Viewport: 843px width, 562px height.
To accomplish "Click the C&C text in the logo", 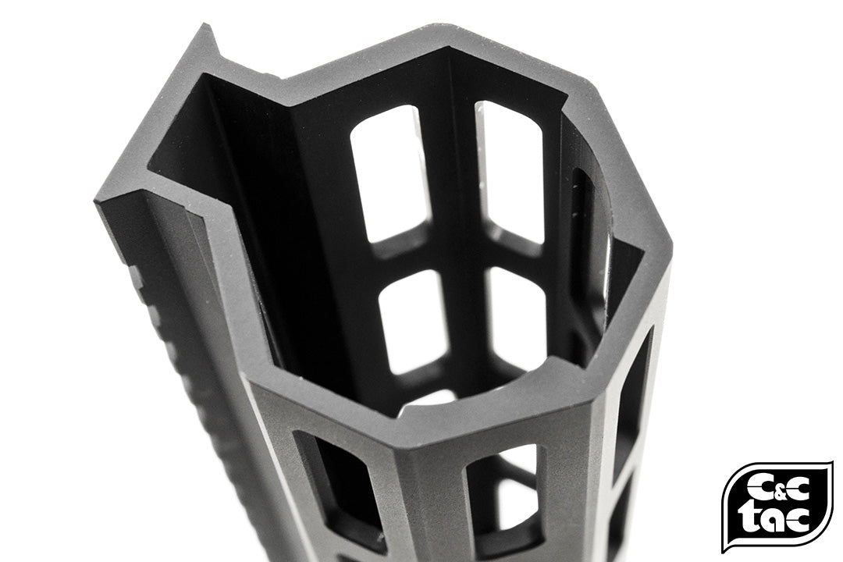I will point(776,489).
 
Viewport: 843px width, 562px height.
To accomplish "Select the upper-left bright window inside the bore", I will point(390,172).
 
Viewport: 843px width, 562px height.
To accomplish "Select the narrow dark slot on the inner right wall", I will point(582,234).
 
